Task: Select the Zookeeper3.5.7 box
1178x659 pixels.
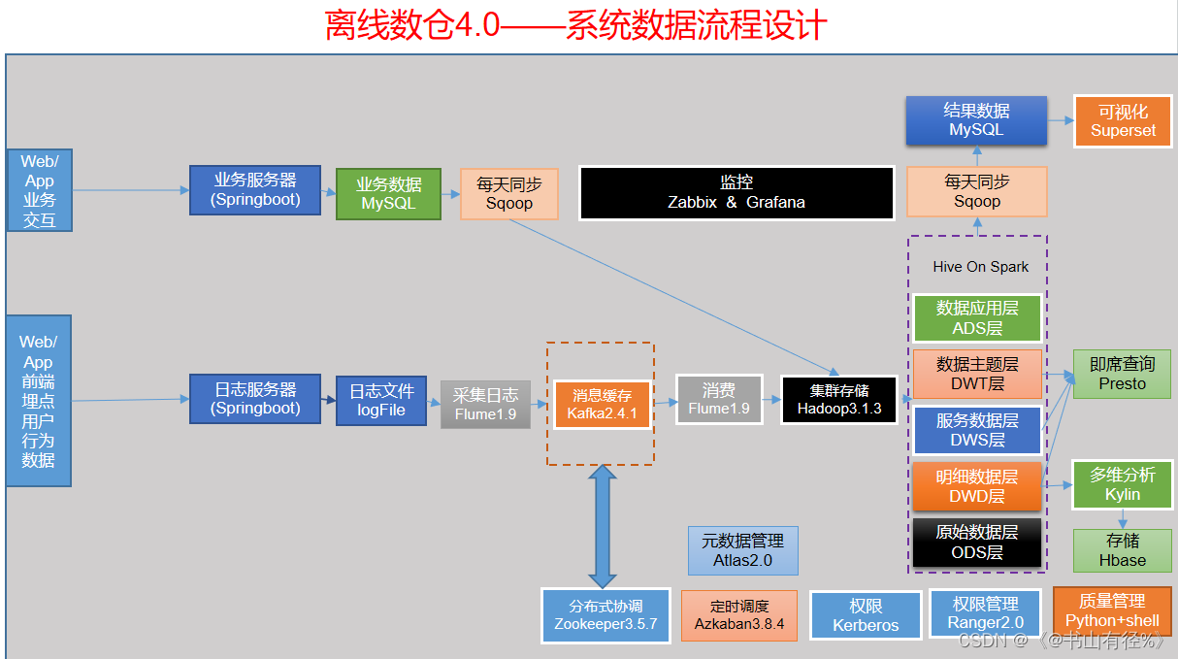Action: click(x=605, y=614)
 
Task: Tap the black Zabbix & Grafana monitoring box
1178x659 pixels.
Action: click(x=736, y=192)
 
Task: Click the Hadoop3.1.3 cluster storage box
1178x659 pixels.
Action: click(x=839, y=400)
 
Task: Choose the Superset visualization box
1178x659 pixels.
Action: click(x=1123, y=121)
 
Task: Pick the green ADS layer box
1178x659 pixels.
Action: click(x=977, y=318)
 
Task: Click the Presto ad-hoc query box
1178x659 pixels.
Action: click(x=1122, y=374)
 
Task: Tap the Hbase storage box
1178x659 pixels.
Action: click(x=1122, y=550)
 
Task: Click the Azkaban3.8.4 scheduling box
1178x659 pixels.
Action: click(x=739, y=615)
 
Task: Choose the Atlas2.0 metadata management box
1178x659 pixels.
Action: click(x=743, y=550)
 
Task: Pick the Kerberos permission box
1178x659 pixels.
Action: click(x=866, y=616)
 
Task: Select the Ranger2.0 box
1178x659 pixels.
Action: click(x=985, y=613)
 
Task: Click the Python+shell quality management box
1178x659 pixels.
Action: click(x=1112, y=610)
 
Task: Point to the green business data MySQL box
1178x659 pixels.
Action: click(x=388, y=194)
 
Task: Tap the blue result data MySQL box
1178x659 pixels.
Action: click(x=976, y=120)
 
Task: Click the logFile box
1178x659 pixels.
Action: click(x=381, y=400)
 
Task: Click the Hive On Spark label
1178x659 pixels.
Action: click(x=980, y=267)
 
